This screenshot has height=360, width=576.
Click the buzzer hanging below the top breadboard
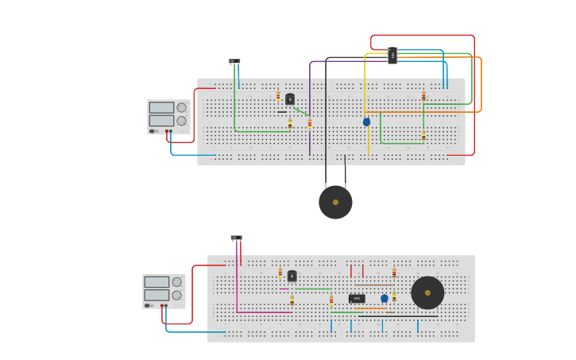pos(335,202)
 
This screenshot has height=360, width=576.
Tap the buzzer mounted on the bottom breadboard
pos(427,292)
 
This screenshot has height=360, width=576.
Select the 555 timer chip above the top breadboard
pos(392,55)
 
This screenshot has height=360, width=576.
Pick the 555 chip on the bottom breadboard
pos(357,299)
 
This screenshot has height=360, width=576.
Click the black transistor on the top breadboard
pos(290,99)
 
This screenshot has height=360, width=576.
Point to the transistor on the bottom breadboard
pos(292,276)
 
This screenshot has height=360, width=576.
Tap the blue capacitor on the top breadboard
pos(366,122)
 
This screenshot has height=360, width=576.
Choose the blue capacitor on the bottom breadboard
pos(385,299)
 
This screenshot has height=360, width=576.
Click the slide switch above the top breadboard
pos(234,61)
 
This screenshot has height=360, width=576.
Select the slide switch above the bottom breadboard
pos(236,238)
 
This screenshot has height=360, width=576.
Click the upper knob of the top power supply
pos(181,107)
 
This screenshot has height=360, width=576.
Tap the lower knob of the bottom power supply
pos(176,295)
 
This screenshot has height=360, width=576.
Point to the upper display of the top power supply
pos(161,107)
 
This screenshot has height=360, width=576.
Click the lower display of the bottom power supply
pos(157,295)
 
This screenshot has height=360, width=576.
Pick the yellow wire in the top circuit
pos(365,87)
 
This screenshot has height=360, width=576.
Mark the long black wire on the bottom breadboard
pos(397,316)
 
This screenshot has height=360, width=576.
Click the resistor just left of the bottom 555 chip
pos(331,300)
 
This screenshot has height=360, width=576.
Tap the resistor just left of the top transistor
pos(278,96)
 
